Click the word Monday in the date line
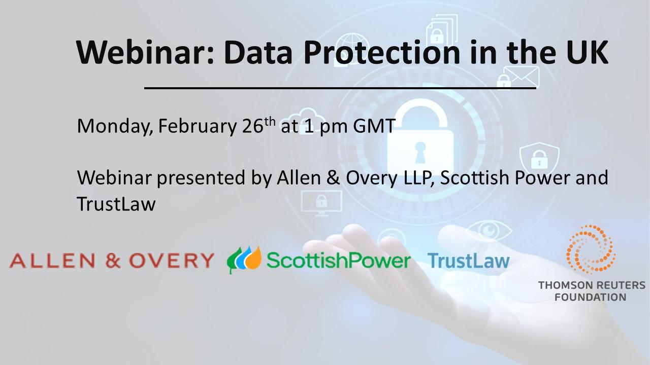115,127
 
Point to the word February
198,127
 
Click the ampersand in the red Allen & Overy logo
113,260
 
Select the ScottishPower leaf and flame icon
244,260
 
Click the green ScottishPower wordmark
338,260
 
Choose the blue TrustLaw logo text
468,261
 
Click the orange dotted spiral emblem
591,249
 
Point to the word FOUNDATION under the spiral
590,297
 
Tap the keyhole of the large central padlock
420,152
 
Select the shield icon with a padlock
539,158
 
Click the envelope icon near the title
521,76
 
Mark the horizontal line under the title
340,88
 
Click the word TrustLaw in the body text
116,204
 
